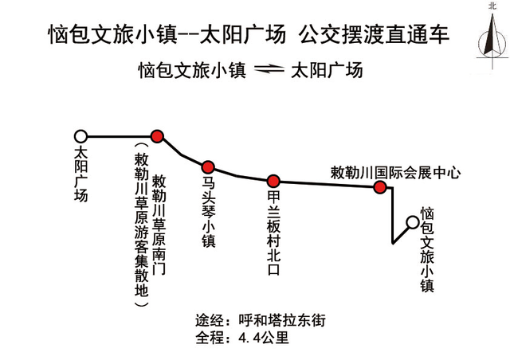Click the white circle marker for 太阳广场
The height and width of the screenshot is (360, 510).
click(80, 136)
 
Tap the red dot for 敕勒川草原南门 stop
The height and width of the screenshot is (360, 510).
click(157, 136)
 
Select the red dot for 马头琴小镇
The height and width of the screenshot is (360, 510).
click(208, 167)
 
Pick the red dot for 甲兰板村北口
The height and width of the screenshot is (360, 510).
click(273, 181)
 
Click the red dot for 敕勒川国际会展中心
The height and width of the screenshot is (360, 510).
click(379, 187)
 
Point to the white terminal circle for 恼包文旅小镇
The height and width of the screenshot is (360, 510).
click(413, 222)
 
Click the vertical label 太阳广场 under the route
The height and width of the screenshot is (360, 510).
click(81, 174)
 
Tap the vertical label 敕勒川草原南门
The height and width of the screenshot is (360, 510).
click(159, 225)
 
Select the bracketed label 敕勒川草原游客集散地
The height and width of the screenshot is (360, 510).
click(142, 225)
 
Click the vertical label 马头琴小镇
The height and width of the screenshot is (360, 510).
click(209, 212)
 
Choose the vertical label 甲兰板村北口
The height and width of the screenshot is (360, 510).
click(273, 233)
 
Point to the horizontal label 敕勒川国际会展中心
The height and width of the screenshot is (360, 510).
click(395, 173)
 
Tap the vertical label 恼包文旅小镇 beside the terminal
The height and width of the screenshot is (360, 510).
click(427, 249)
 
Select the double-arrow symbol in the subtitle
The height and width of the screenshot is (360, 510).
click(269, 69)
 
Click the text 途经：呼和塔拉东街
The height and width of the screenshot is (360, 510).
click(261, 321)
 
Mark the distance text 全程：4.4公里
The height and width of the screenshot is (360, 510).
click(242, 338)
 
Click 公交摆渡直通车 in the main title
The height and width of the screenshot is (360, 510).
click(374, 34)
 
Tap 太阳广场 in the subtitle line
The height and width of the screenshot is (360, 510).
click(327, 70)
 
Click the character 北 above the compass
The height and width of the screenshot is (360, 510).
click(492, 6)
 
